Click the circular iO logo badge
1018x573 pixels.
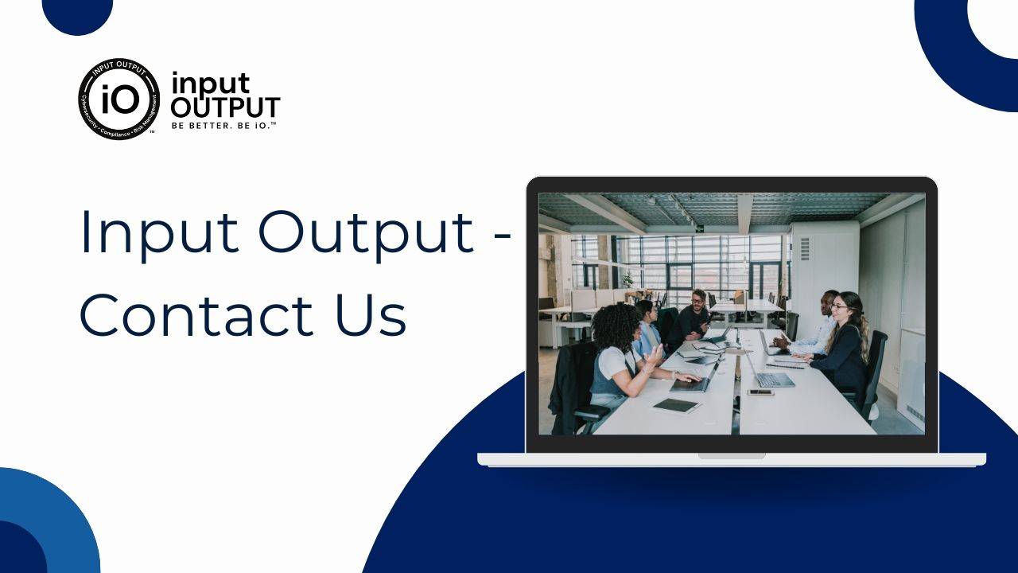(x=119, y=99)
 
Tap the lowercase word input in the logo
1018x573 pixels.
(x=211, y=84)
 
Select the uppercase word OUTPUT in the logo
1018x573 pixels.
(x=225, y=107)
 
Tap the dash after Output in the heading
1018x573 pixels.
(x=502, y=236)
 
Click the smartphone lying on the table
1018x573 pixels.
(x=760, y=392)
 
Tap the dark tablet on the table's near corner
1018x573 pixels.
(x=676, y=405)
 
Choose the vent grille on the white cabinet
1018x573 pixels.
(x=804, y=249)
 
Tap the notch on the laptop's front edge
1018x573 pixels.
(x=732, y=456)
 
